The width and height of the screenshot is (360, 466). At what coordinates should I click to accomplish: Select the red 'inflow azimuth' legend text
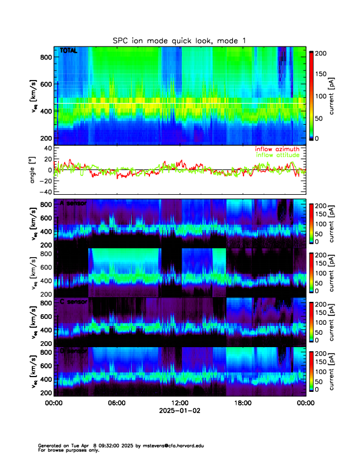(277, 149)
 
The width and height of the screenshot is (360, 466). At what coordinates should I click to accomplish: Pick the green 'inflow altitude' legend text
(278, 155)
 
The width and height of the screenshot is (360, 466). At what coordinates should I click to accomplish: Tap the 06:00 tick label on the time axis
(116, 403)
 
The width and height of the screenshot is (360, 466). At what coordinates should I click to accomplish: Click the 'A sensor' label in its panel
(72, 203)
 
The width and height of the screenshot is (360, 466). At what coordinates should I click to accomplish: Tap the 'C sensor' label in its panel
(72, 302)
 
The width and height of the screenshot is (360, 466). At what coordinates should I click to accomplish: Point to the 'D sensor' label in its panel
(72, 351)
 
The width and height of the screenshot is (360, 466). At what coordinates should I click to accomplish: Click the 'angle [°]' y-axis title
(34, 169)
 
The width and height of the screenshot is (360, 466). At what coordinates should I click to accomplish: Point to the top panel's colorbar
(312, 95)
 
